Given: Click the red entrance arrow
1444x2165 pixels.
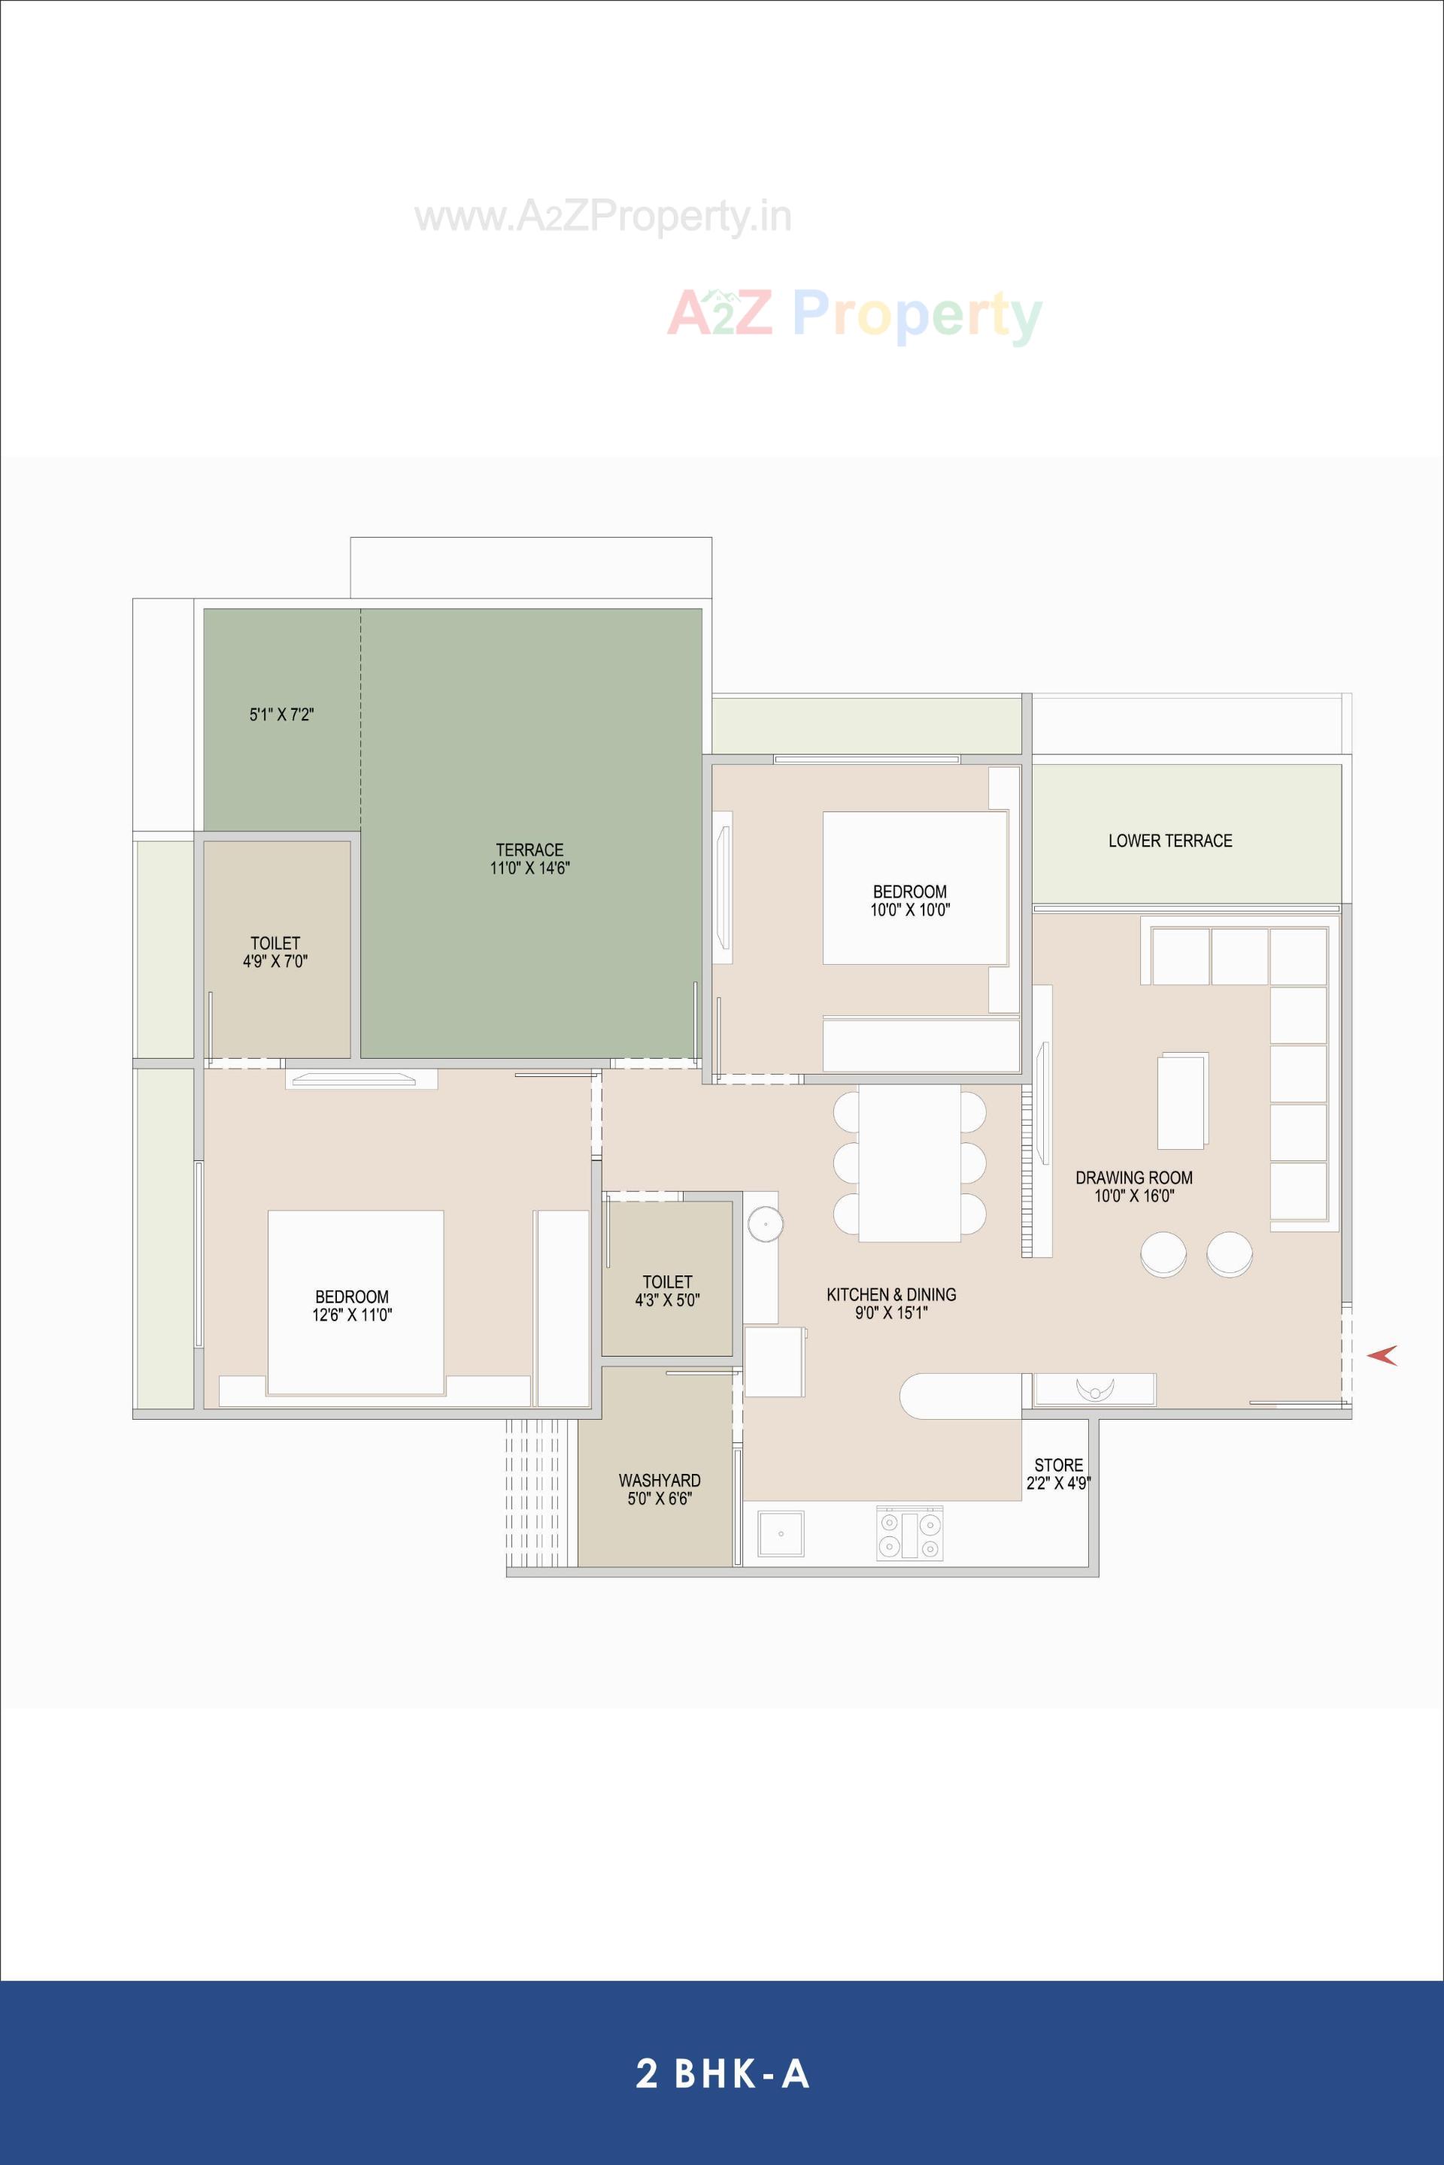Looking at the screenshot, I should coord(1382,1354).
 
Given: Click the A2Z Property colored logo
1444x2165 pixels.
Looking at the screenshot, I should coord(854,314).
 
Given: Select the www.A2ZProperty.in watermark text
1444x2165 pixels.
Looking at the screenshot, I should coord(603,217).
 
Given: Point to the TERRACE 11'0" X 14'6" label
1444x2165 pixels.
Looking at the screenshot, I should coord(529,858).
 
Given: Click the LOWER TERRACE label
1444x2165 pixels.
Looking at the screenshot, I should coord(1169,841).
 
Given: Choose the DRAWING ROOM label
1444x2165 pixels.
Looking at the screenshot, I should coord(1133,1186).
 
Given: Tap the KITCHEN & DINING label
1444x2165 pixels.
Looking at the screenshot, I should coord(890,1303).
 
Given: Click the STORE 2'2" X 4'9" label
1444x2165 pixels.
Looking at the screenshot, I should coord(1058,1473).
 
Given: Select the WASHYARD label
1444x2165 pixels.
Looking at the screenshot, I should coord(660,1489).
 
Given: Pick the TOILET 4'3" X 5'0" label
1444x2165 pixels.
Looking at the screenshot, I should coord(668,1290).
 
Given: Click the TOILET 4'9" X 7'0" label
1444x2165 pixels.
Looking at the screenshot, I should coord(275,952).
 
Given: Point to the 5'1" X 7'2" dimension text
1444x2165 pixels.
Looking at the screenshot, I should coord(282,714).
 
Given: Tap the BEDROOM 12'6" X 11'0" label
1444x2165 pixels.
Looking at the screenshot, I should coord(352,1305).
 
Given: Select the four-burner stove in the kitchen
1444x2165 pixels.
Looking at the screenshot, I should coord(909,1533).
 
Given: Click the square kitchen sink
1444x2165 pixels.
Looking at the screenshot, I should coord(781,1534).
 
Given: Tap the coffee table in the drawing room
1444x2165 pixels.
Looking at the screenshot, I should coord(1182,1100).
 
